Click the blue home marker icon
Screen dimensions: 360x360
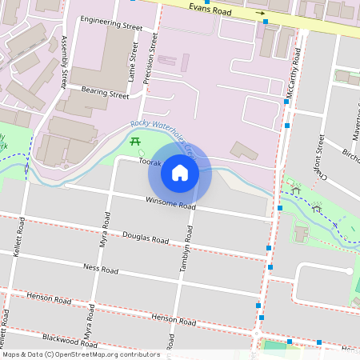pyautogui.click(x=180, y=173)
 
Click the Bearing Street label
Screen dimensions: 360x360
pyautogui.click(x=105, y=94)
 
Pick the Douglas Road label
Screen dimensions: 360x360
pyautogui.click(x=146, y=238)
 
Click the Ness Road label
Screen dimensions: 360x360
pyautogui.click(x=101, y=270)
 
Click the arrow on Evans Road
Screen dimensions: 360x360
pyautogui.click(x=260, y=14)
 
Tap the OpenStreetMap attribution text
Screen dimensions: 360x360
pyautogui.click(x=80, y=354)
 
